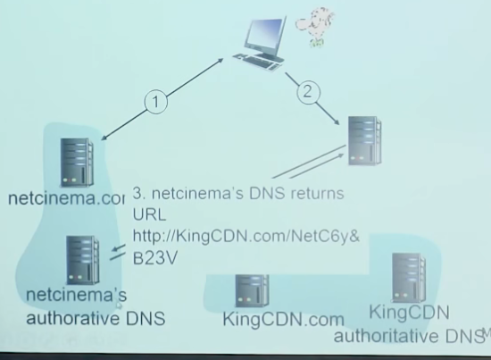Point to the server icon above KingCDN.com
point(252,289)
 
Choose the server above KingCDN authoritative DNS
point(410,279)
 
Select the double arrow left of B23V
point(117,252)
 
